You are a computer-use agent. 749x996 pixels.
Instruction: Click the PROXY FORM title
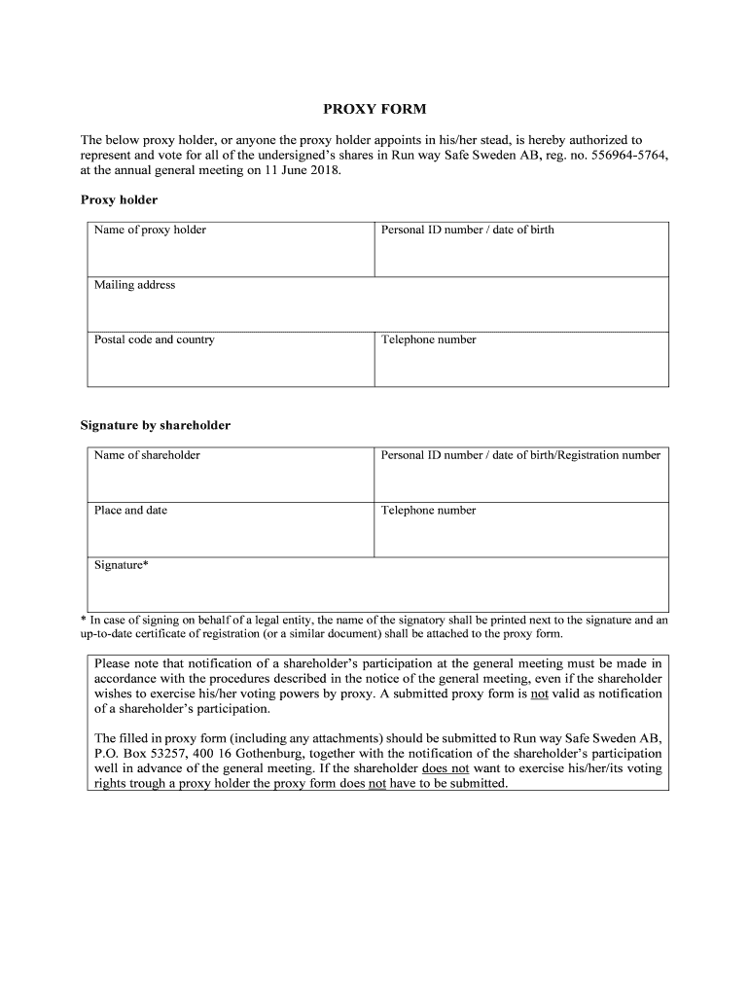(x=374, y=110)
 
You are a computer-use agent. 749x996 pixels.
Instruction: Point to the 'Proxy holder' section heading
(x=118, y=200)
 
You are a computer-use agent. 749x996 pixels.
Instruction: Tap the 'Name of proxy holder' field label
(x=150, y=231)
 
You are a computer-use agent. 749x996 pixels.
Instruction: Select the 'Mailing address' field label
(x=134, y=285)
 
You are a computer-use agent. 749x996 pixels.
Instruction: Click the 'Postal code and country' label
(x=154, y=340)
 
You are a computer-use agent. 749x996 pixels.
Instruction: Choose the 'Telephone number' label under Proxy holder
(x=428, y=340)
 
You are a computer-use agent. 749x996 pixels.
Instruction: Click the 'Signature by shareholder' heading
(x=155, y=426)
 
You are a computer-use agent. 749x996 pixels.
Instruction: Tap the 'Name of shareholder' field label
(x=147, y=455)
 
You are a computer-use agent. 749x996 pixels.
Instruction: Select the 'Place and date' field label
(x=130, y=511)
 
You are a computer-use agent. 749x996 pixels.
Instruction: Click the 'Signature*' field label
(x=121, y=565)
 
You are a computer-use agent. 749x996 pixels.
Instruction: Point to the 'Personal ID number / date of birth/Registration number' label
(x=520, y=455)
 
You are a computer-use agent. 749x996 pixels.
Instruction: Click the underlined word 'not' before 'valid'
(x=540, y=694)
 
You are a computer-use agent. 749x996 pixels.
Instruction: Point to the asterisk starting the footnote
(x=83, y=620)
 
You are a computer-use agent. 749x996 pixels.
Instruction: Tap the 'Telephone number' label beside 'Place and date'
(x=428, y=511)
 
